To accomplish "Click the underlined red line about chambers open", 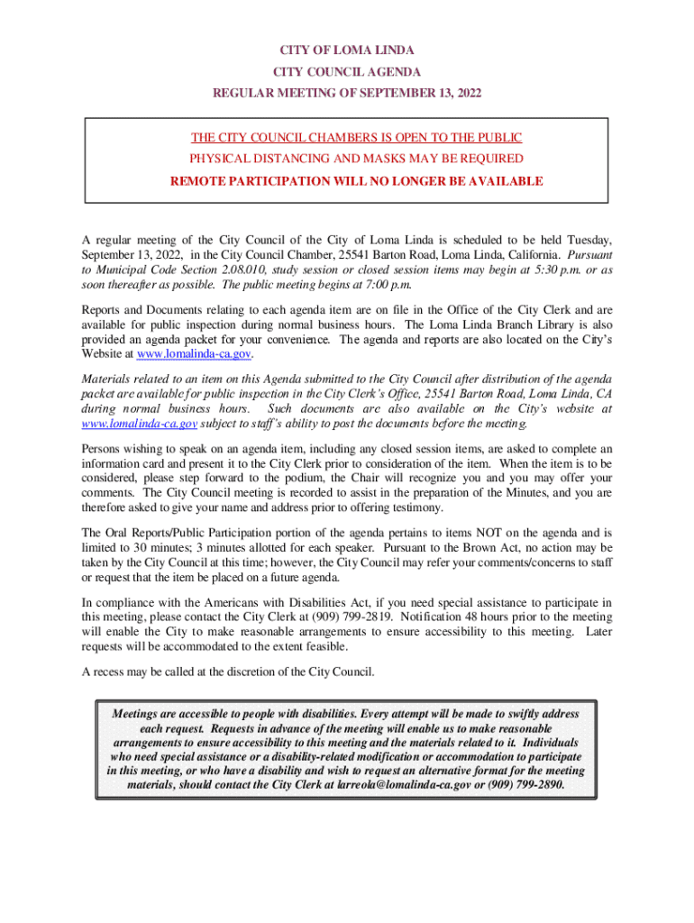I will (356, 138).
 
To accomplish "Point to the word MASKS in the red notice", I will (389, 160).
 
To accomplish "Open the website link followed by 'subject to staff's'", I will (139, 424).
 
